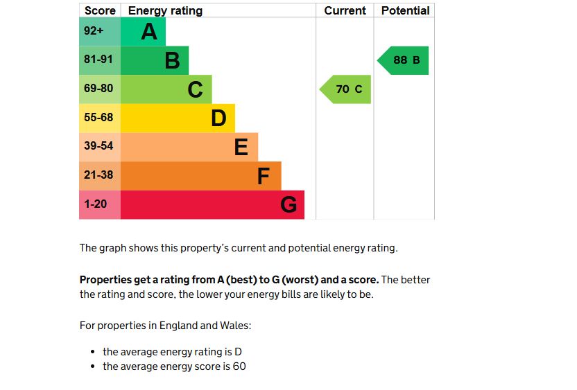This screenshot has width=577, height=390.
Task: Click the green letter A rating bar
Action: point(144,32)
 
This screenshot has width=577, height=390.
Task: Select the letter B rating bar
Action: point(155,60)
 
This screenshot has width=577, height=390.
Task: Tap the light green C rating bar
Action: point(166,89)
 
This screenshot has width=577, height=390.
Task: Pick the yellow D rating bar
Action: point(178,118)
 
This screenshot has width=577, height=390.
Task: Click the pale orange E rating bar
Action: point(189,147)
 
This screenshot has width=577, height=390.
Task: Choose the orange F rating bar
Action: point(201,176)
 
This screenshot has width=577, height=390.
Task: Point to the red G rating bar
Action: point(212,205)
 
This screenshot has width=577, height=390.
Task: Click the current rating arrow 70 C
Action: point(346,89)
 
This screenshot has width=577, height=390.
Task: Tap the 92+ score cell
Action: point(99,32)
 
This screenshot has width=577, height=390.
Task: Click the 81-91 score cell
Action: point(99,60)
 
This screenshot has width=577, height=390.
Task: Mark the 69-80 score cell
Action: point(99,89)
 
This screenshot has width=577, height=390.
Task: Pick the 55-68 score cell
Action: point(99,118)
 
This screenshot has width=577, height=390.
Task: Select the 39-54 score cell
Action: point(99,147)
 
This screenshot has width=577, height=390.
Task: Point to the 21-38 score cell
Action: point(99,176)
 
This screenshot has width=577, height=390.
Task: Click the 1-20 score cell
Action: point(99,205)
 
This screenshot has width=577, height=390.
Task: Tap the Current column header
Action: point(345,10)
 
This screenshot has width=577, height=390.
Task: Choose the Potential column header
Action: point(405,10)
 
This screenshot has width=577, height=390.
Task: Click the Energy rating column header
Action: point(165,10)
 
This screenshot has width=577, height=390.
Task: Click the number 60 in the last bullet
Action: point(239,366)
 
